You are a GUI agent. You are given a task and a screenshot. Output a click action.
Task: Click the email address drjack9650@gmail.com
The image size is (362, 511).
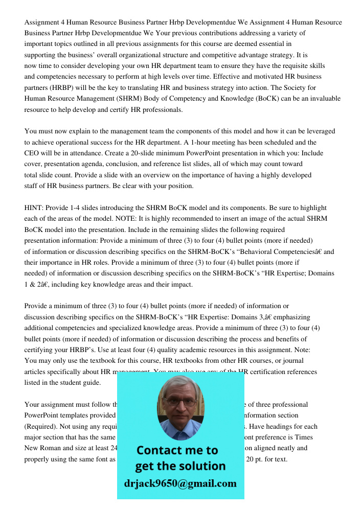(x=180, y=483)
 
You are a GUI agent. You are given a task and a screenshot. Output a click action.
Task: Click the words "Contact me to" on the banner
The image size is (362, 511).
(x=177, y=450)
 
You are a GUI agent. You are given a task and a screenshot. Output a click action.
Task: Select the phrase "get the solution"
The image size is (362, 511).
(x=180, y=466)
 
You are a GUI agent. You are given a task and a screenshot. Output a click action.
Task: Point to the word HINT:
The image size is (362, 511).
(x=35, y=208)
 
